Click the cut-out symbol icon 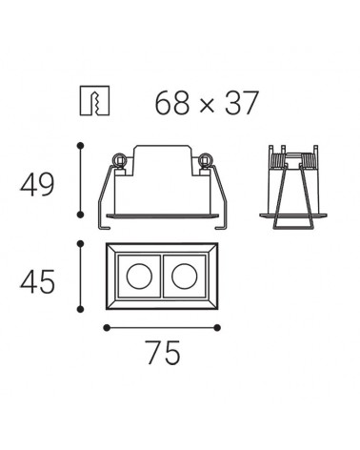click(x=94, y=100)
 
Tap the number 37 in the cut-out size click(x=241, y=102)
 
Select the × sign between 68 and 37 click(x=208, y=105)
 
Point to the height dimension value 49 click(x=37, y=185)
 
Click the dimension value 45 click(x=37, y=281)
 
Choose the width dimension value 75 click(x=164, y=352)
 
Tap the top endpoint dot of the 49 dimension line click(x=81, y=146)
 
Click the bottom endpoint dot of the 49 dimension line click(x=81, y=215)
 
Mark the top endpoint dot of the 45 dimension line click(x=81, y=244)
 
